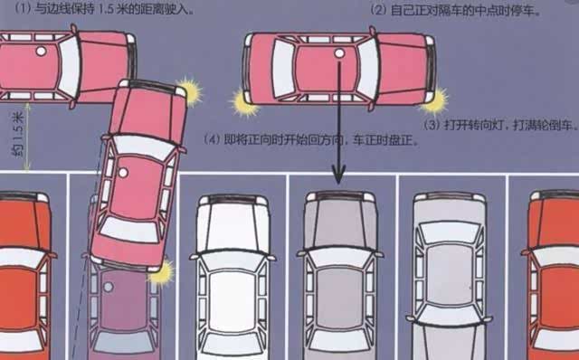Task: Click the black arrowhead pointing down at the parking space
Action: pyautogui.click(x=338, y=174)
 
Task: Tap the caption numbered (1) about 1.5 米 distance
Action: pyautogui.click(x=104, y=8)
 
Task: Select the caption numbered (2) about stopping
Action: pyautogui.click(x=455, y=10)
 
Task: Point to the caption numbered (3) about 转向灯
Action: pyautogui.click(x=500, y=125)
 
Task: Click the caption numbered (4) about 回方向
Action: pyautogui.click(x=311, y=140)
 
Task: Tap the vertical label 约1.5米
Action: pyautogui.click(x=17, y=134)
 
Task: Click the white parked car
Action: pyautogui.click(x=233, y=277)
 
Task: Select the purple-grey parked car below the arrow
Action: pyautogui.click(x=340, y=275)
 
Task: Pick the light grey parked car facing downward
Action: pyautogui.click(x=449, y=275)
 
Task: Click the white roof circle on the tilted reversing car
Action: pyautogui.click(x=123, y=173)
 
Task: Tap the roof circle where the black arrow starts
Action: pyautogui.click(x=339, y=53)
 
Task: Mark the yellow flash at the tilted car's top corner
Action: pyautogui.click(x=190, y=91)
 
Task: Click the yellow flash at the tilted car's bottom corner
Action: pyautogui.click(x=162, y=273)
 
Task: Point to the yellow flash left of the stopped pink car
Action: pyautogui.click(x=243, y=102)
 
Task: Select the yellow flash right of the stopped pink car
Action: pyautogui.click(x=435, y=100)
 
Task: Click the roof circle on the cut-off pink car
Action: pyautogui.click(x=41, y=52)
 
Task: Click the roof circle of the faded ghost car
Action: pyautogui.click(x=109, y=287)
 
